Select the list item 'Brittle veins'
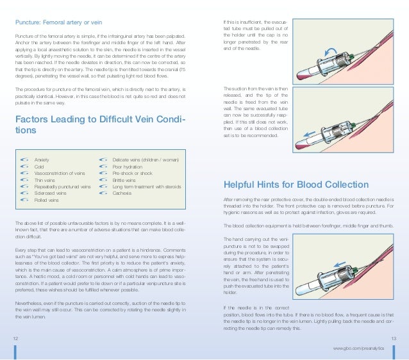tap(125, 179)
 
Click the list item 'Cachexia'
tap(122, 193)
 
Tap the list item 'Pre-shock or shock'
tap(132, 172)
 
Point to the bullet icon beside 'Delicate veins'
tap(103, 159)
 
